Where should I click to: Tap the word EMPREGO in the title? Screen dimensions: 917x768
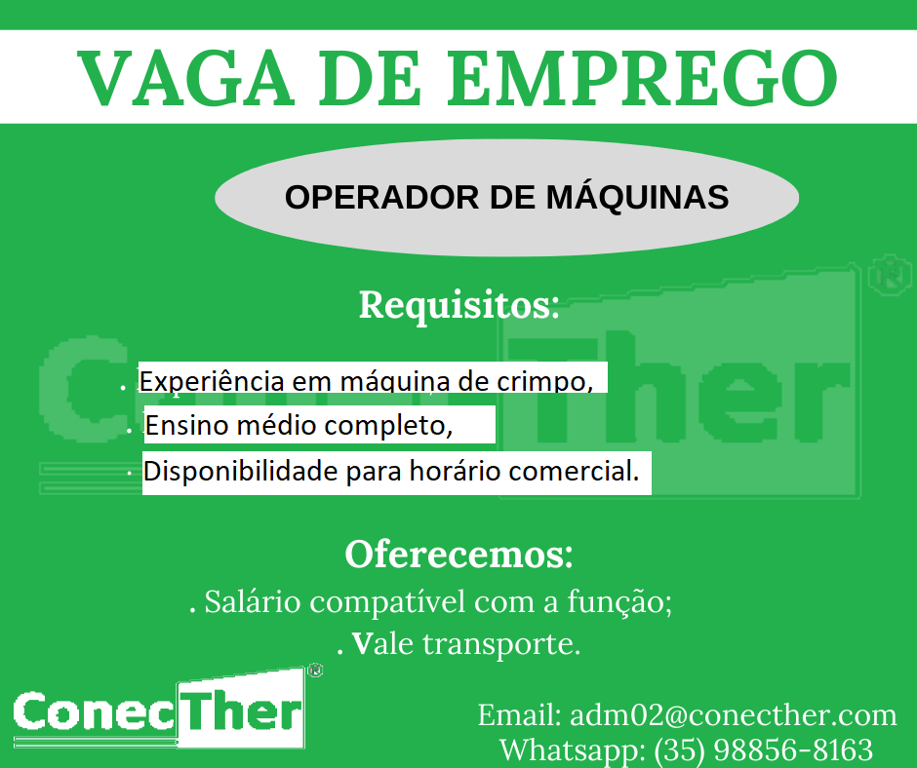(x=643, y=78)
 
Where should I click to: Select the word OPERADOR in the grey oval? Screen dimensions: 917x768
(x=382, y=197)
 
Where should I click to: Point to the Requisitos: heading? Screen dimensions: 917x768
(x=459, y=304)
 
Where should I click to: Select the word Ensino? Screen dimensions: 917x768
(x=187, y=425)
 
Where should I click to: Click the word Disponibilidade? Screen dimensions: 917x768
(x=240, y=471)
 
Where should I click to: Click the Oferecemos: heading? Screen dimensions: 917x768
(x=459, y=554)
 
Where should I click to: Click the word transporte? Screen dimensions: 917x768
(x=501, y=644)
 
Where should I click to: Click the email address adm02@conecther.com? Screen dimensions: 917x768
(x=734, y=714)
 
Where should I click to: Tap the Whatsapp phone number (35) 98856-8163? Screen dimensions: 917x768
(x=763, y=749)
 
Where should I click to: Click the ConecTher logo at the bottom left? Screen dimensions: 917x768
(x=159, y=710)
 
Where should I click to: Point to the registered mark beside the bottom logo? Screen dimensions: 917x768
(x=316, y=670)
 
